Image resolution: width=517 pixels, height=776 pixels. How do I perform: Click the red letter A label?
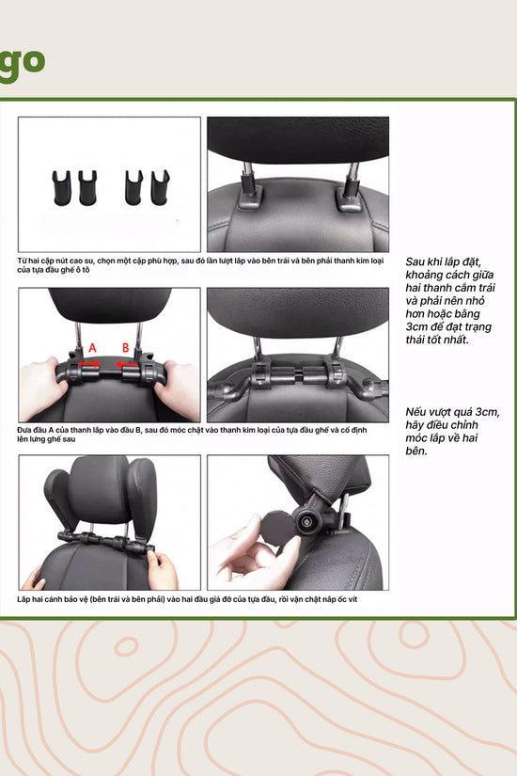point(92,348)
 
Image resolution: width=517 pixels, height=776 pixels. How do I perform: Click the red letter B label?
point(126,348)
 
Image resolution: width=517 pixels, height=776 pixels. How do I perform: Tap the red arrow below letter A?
point(89,365)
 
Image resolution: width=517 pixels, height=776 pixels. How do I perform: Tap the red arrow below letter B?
point(127,365)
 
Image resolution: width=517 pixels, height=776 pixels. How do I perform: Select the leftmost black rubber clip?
point(62,188)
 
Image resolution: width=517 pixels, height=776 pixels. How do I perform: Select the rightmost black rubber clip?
point(160,187)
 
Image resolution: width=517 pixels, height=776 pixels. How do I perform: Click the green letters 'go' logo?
point(23,64)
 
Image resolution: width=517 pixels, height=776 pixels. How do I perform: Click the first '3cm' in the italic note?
point(416,326)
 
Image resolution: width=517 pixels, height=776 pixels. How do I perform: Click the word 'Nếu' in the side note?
point(416,412)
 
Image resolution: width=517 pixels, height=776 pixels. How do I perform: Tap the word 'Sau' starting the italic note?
point(415,261)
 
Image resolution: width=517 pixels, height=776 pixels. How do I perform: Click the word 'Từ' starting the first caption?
point(22,261)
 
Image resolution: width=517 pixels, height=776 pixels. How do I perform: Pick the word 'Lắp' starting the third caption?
point(23,599)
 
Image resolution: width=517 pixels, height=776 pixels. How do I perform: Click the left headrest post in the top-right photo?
point(248,176)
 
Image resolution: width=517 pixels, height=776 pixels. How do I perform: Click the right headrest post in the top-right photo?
point(352,177)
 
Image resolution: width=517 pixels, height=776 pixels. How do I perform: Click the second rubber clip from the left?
point(88,188)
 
